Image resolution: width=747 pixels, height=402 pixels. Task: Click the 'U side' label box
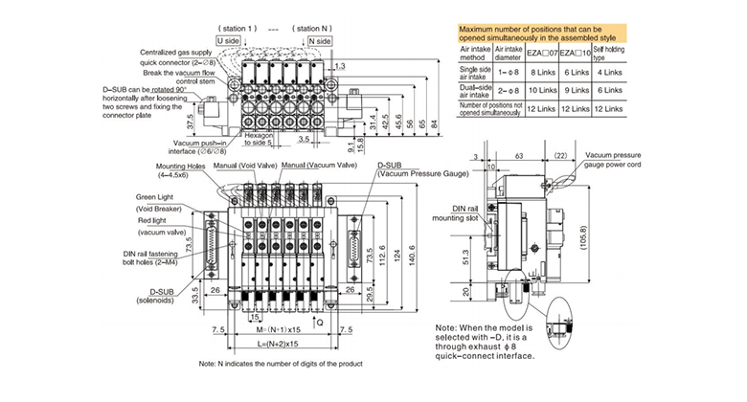(x=227, y=41)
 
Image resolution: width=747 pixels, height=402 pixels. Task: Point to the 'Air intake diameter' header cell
(x=508, y=53)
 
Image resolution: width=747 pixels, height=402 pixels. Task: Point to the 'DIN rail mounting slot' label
(x=464, y=212)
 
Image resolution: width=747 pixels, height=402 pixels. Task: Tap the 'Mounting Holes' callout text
(x=181, y=166)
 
